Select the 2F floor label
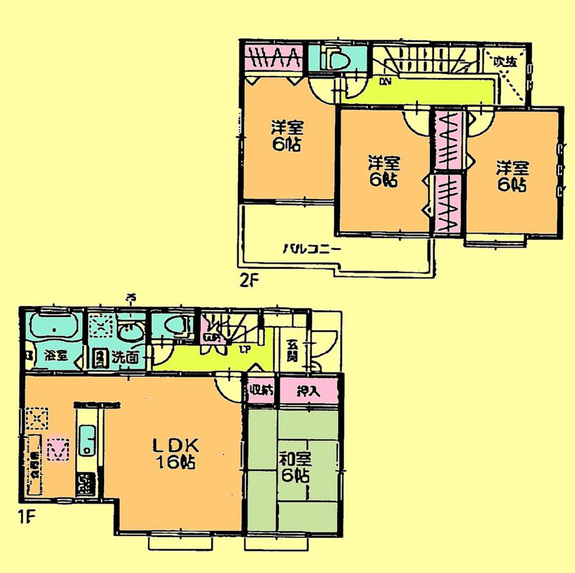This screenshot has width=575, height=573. [249, 279]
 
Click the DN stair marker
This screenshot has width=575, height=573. [385, 81]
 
